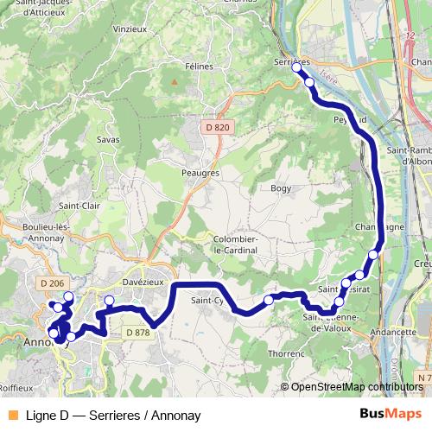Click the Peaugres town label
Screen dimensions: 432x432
click(200, 173)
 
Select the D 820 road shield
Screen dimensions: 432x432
click(218, 128)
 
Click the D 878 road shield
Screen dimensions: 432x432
click(137, 332)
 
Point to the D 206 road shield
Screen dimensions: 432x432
click(53, 283)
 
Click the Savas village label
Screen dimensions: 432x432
click(109, 139)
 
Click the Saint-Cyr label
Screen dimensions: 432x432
click(207, 301)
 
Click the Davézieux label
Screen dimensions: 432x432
click(143, 283)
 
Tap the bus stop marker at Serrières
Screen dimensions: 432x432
click(296, 67)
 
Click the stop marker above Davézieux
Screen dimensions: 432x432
click(109, 301)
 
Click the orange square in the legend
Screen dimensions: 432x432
click(11, 414)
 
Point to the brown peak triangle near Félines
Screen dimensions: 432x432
click(175, 83)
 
